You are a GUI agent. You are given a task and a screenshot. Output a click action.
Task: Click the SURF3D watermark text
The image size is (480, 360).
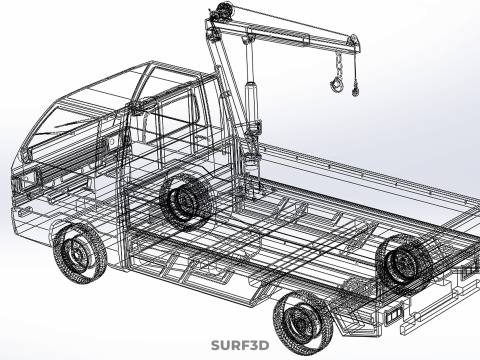point(240,345)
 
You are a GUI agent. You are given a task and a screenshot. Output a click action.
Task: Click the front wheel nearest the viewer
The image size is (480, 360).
point(80,254)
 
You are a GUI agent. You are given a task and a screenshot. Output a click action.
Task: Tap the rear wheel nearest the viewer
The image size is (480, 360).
point(303,323)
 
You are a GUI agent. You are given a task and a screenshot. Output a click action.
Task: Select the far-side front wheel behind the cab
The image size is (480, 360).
point(186,201)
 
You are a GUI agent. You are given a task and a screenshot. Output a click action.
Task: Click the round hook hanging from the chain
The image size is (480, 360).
point(337,84)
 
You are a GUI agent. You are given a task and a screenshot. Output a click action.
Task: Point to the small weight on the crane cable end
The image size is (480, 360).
point(355,91)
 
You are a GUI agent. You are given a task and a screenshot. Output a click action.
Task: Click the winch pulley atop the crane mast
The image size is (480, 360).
point(223,8)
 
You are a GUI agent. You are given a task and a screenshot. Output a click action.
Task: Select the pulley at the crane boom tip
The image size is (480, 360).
point(353,42)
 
